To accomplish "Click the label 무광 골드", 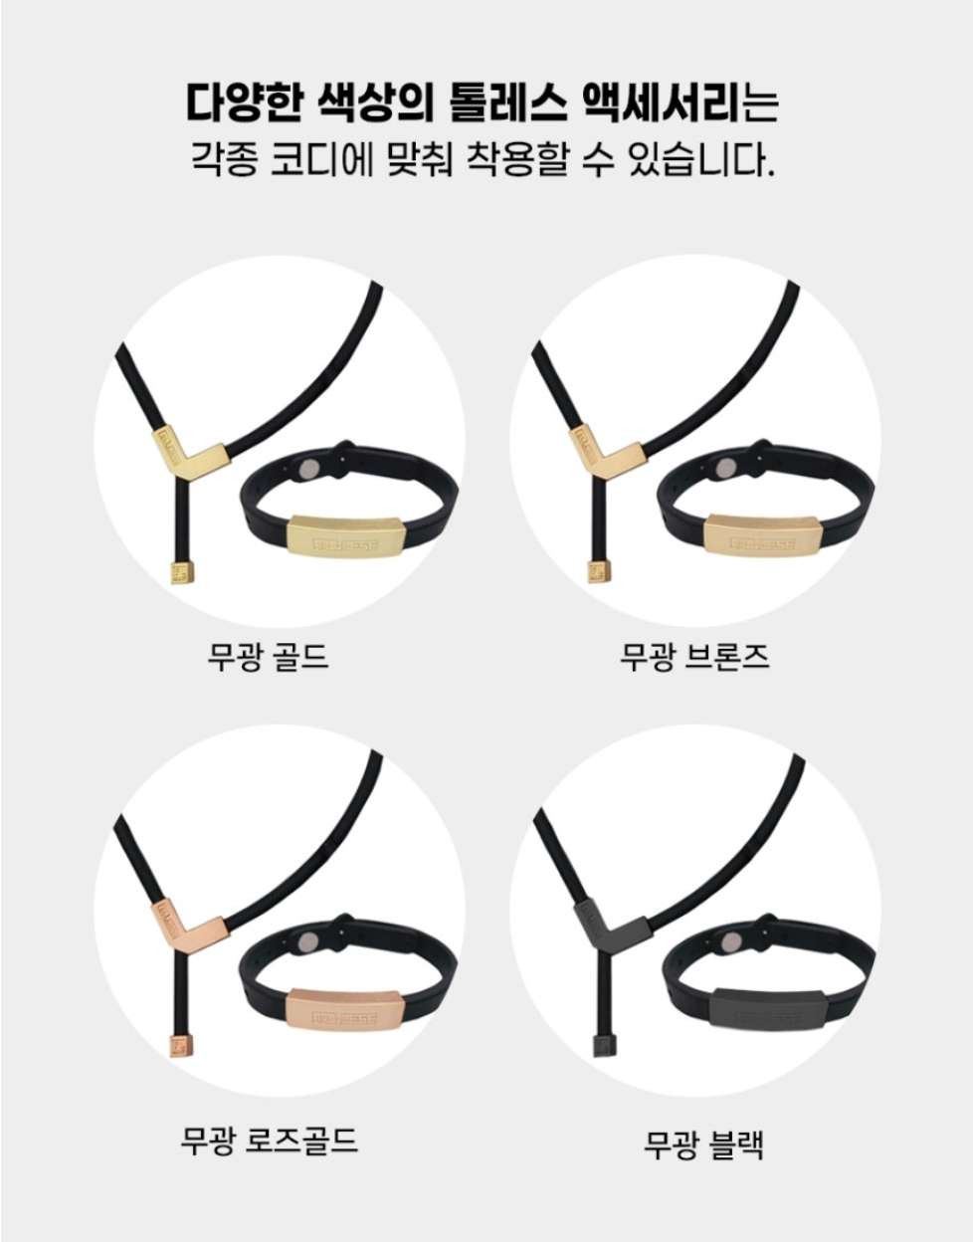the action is point(268,657).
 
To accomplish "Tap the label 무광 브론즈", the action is point(694,657).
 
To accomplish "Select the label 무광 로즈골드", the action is point(268,1126).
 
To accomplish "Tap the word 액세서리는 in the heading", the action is point(679,102).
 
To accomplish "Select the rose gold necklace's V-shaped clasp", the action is point(189,919).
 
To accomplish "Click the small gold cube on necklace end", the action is point(182,573).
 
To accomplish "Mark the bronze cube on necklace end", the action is point(599,573).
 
